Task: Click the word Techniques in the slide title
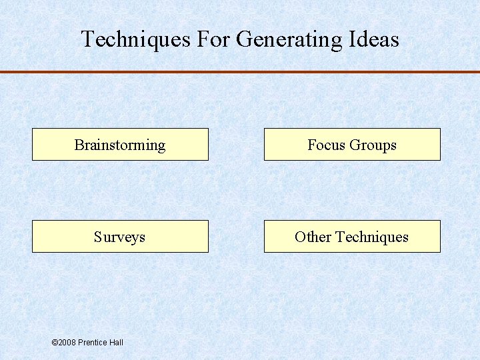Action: tap(136, 39)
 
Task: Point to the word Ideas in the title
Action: tap(374, 39)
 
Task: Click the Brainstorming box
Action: tap(120, 145)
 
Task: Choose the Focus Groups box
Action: tap(352, 145)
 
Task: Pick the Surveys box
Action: tap(120, 237)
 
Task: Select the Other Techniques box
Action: tap(352, 237)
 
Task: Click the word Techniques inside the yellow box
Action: tap(372, 237)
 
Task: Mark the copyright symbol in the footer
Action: tap(55, 343)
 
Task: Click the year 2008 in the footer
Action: tap(67, 343)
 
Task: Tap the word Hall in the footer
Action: tap(117, 343)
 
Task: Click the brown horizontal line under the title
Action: tap(240, 71)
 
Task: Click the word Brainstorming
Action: tap(120, 145)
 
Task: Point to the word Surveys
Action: tap(120, 237)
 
